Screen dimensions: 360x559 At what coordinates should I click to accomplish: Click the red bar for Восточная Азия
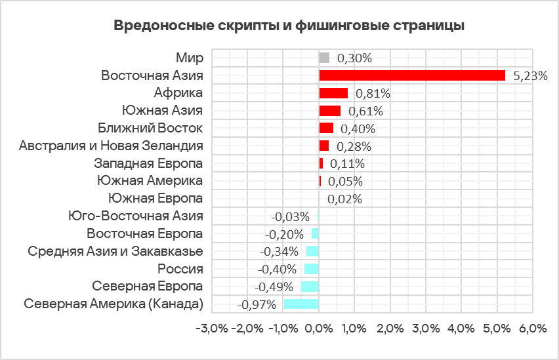click(412, 75)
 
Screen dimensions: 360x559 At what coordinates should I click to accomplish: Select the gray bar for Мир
click(324, 58)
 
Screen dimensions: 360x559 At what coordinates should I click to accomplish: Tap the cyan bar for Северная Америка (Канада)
click(301, 304)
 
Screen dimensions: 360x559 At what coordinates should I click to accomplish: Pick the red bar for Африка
click(333, 93)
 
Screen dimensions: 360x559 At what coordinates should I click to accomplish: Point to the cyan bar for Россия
click(312, 269)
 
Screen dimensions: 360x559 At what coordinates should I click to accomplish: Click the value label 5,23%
click(530, 75)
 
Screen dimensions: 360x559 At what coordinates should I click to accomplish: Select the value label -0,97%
click(257, 304)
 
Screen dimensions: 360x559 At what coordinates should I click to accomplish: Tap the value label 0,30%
click(354, 58)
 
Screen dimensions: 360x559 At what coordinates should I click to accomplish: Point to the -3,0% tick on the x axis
click(211, 329)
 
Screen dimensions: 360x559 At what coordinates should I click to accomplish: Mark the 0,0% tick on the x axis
click(319, 329)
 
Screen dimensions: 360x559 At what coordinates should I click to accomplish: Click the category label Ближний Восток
click(150, 128)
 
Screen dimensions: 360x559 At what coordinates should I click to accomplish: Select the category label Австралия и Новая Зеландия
click(111, 146)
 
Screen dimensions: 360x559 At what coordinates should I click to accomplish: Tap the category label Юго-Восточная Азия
click(136, 216)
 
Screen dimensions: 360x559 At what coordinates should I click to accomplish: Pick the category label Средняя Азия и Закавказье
click(115, 251)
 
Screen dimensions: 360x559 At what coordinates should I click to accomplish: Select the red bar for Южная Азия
click(330, 110)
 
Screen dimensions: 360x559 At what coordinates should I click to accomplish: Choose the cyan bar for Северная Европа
click(310, 287)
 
